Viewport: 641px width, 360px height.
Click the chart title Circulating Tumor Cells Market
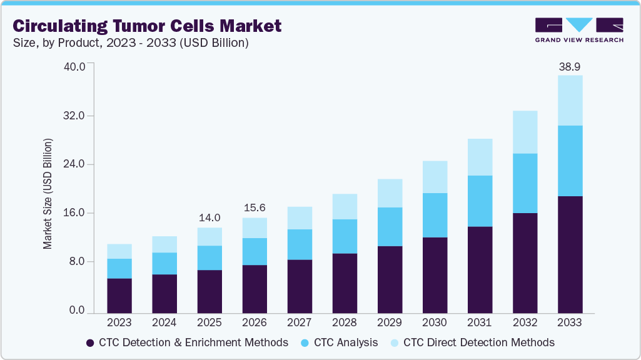pyautogui.click(x=148, y=26)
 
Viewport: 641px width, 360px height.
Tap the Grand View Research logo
pyautogui.click(x=579, y=30)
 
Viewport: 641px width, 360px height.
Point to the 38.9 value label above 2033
pyautogui.click(x=570, y=66)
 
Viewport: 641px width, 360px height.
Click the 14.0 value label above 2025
pyautogui.click(x=209, y=218)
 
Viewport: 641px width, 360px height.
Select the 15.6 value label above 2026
pyautogui.click(x=255, y=208)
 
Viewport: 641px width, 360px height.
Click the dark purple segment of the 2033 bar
pyautogui.click(x=570, y=254)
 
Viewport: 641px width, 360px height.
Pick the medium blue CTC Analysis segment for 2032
pyautogui.click(x=525, y=183)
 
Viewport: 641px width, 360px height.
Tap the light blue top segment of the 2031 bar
pyautogui.click(x=480, y=157)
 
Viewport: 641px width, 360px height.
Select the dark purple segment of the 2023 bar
pyautogui.click(x=119, y=295)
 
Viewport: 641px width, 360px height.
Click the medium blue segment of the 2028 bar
pyautogui.click(x=345, y=236)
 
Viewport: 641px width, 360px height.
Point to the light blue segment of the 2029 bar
pyautogui.click(x=390, y=193)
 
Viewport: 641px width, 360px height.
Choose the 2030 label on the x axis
pyautogui.click(x=435, y=323)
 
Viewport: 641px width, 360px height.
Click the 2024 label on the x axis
pyautogui.click(x=164, y=323)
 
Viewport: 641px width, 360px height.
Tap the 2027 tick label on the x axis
pyautogui.click(x=300, y=323)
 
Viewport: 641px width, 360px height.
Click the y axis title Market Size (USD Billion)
pyautogui.click(x=48, y=193)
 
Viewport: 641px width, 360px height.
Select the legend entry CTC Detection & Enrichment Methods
pyautogui.click(x=186, y=342)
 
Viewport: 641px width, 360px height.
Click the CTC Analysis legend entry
pyautogui.click(x=339, y=342)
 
